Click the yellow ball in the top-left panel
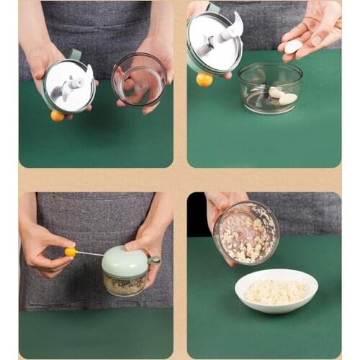click(58, 115)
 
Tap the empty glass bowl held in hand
click(139, 78)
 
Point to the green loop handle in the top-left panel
click(75, 55)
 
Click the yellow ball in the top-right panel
click(204, 79)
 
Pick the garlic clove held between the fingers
click(293, 47)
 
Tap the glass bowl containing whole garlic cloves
click(270, 88)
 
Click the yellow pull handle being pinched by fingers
click(71, 252)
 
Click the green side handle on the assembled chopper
click(153, 259)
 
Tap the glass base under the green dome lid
click(124, 284)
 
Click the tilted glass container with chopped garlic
click(246, 233)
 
